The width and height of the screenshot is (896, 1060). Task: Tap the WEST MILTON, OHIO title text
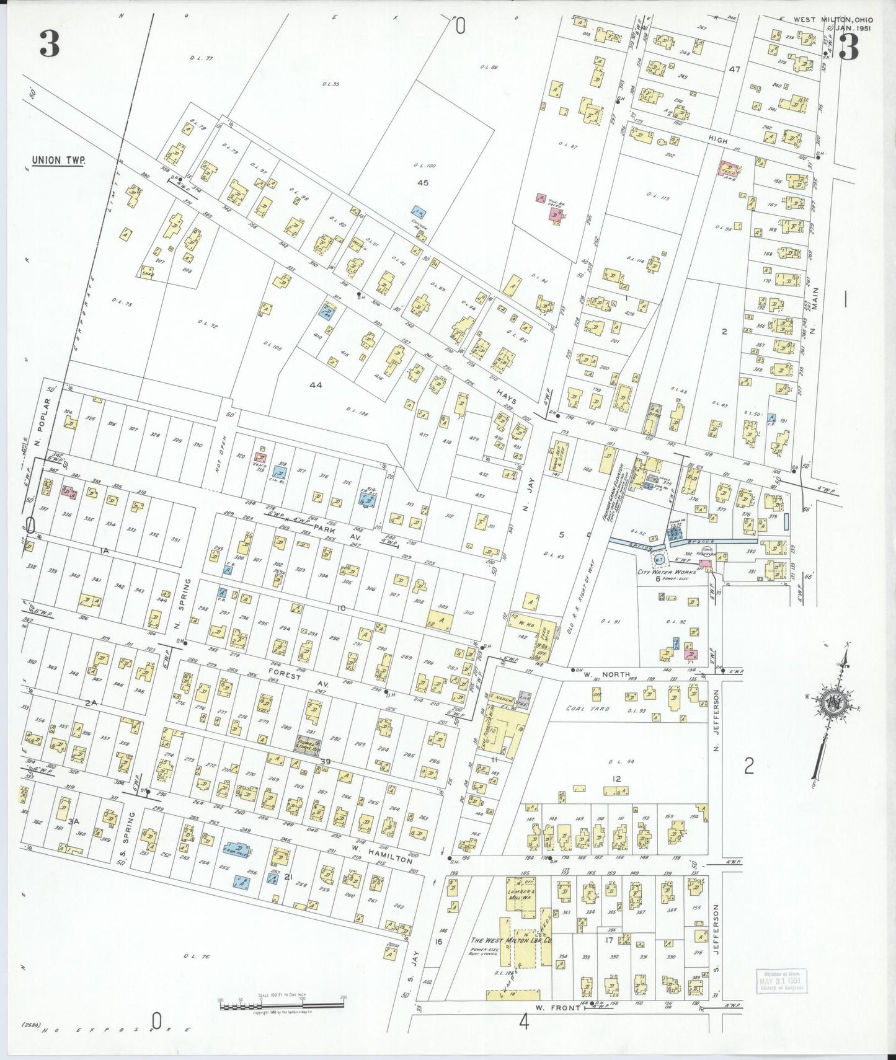(x=832, y=20)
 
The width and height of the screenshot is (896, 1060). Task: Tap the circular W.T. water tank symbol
(x=660, y=559)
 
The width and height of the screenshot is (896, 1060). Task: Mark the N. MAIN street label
(x=815, y=311)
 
